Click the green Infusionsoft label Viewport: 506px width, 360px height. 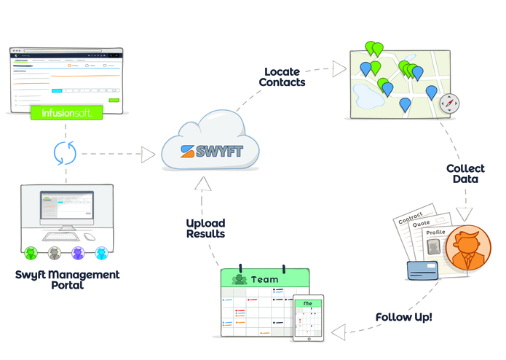(x=66, y=113)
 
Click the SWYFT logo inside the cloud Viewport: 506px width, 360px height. (x=212, y=152)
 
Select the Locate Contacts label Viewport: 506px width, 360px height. (x=285, y=77)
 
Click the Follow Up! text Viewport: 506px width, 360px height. (x=403, y=318)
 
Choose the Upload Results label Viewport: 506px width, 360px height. (x=205, y=228)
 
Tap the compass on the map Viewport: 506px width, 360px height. (x=450, y=103)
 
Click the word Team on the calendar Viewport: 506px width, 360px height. (x=264, y=279)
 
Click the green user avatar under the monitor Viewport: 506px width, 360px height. (x=31, y=253)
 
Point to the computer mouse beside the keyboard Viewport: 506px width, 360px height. (x=89, y=237)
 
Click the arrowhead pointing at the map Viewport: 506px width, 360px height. (x=339, y=69)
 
